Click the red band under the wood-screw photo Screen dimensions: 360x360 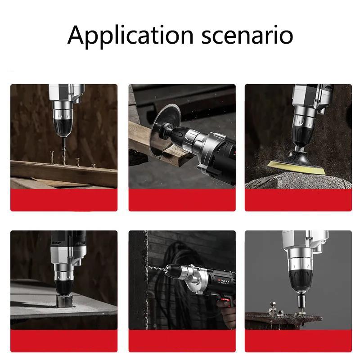64,200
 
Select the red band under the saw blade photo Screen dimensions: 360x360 182,200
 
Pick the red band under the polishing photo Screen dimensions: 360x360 298,200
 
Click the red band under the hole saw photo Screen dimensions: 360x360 64,341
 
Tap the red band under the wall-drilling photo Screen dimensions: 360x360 182,341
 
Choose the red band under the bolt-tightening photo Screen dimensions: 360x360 298,341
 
